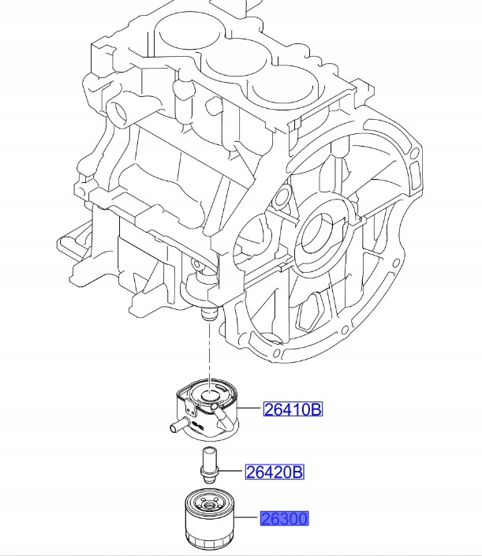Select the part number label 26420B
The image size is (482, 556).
click(x=274, y=472)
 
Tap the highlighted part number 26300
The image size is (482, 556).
click(x=285, y=518)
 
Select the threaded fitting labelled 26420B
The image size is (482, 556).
click(x=209, y=464)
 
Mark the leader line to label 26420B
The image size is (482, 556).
click(x=231, y=472)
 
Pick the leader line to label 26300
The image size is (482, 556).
click(x=248, y=518)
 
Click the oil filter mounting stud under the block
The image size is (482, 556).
click(x=207, y=315)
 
